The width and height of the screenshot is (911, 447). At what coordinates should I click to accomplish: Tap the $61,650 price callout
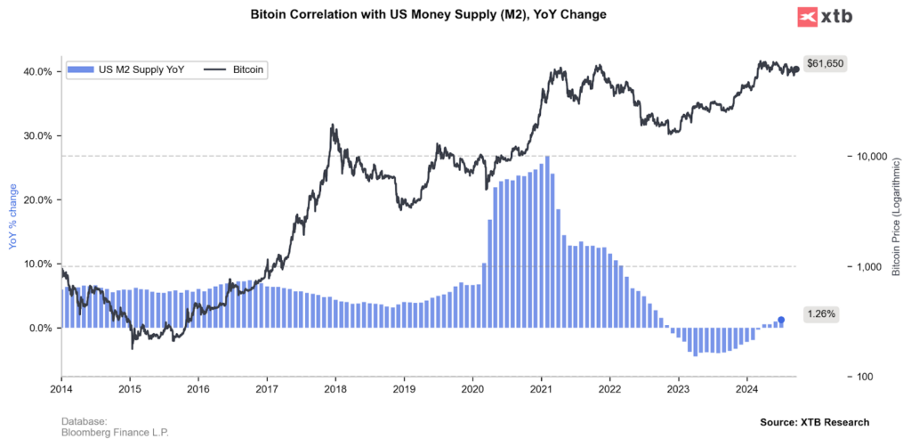[x=824, y=63]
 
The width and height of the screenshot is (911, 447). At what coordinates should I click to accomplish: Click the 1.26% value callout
[x=820, y=313]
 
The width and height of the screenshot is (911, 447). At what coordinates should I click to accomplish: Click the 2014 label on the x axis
[x=61, y=389]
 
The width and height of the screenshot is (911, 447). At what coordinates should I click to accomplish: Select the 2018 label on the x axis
[x=335, y=389]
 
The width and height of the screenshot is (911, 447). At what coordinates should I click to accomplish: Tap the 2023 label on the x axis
[x=678, y=389]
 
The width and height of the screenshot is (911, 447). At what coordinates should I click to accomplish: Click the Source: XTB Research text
[x=814, y=422]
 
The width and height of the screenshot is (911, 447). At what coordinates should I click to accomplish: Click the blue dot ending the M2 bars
[x=781, y=320]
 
